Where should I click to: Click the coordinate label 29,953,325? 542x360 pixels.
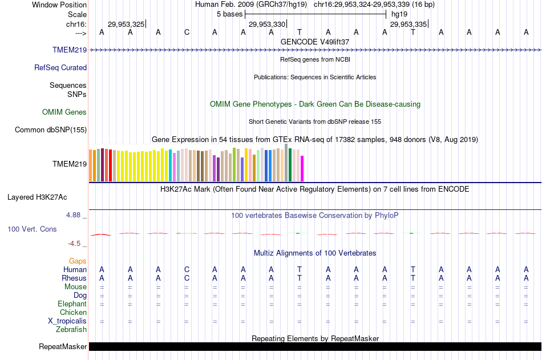pyautogui.click(x=126, y=24)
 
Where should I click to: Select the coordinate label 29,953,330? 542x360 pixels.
pyautogui.click(x=267, y=24)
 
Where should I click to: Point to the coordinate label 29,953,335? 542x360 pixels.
pyautogui.click(x=408, y=24)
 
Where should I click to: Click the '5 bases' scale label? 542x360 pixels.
pyautogui.click(x=229, y=14)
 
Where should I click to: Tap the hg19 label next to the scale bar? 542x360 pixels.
pyautogui.click(x=399, y=14)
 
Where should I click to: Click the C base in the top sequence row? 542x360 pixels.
pyautogui.click(x=187, y=32)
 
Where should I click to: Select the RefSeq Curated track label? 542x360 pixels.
pyautogui.click(x=60, y=67)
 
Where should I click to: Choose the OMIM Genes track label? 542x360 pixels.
pyautogui.click(x=64, y=112)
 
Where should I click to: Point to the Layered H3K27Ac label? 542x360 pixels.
pyautogui.click(x=37, y=197)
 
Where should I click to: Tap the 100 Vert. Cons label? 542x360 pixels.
pyautogui.click(x=32, y=229)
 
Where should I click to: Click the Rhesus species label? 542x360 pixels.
pyautogui.click(x=74, y=278)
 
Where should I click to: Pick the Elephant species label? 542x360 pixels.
pyautogui.click(x=72, y=304)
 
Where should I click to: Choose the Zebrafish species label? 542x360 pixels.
pyautogui.click(x=71, y=329)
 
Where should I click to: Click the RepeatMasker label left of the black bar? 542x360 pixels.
pyautogui.click(x=63, y=346)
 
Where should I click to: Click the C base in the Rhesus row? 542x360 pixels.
pyautogui.click(x=187, y=278)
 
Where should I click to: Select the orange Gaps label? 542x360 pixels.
pyautogui.click(x=78, y=261)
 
